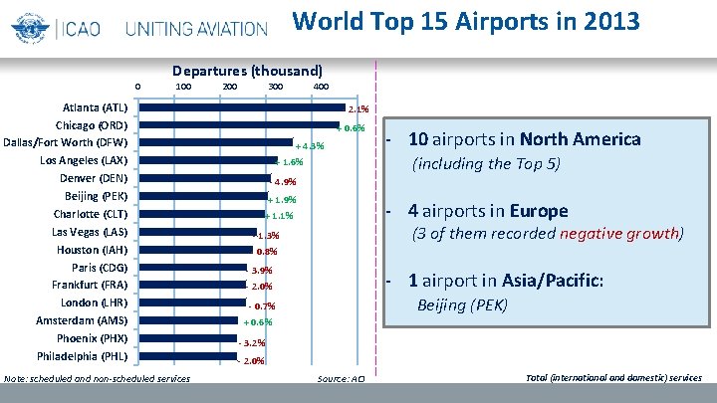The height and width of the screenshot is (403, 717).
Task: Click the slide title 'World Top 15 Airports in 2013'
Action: pos(466,21)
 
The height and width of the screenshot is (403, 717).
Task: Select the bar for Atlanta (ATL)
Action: pos(240,106)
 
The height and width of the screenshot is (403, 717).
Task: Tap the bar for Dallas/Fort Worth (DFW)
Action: pos(214,142)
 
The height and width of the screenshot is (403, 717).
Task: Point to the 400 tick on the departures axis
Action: pos(321,87)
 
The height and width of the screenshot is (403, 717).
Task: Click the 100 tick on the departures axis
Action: pos(183,87)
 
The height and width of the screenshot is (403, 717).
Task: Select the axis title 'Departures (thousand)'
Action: pos(247,72)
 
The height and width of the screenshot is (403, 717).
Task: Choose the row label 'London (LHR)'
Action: pos(94,302)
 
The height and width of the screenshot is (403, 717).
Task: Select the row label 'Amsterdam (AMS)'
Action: pos(82,320)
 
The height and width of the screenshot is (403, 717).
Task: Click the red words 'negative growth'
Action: pos(620,234)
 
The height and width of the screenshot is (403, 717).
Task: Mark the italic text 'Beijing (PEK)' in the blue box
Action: pos(461,304)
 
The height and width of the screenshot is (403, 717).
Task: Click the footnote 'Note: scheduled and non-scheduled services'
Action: pos(98,378)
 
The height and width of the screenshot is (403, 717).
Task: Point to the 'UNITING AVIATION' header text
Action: pos(196,28)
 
